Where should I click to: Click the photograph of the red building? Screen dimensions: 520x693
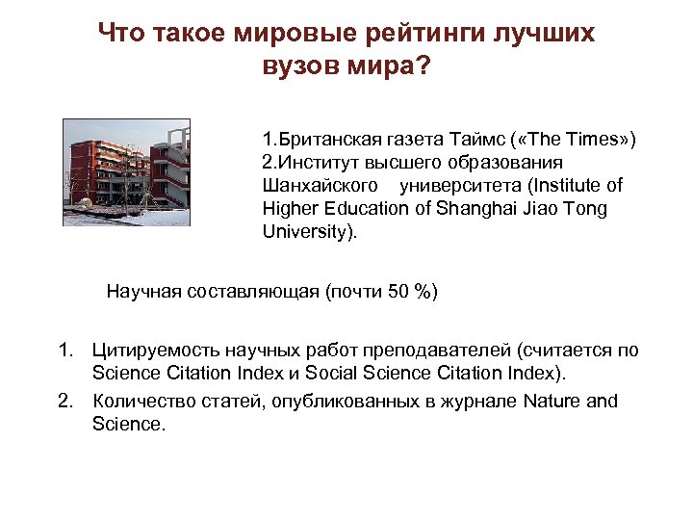point(126,172)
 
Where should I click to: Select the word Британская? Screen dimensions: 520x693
point(323,140)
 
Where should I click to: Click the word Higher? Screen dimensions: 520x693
point(290,209)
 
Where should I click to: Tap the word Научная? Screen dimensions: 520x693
point(143,291)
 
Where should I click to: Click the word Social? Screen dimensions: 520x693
point(365,373)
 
